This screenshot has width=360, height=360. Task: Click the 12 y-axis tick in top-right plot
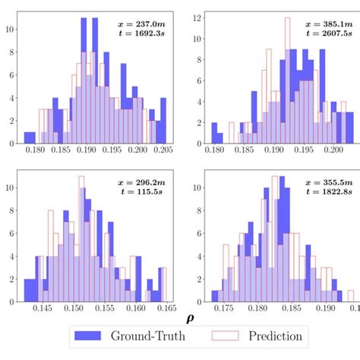(197, 15)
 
